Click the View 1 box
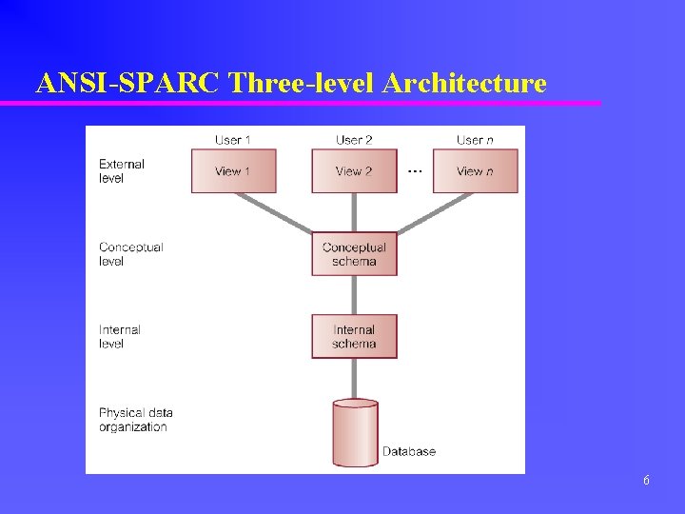(x=233, y=171)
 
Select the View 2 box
(x=354, y=171)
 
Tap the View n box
(x=475, y=171)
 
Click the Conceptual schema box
(x=354, y=254)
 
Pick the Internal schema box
(x=354, y=336)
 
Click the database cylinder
(x=356, y=433)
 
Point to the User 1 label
(x=233, y=140)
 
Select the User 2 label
(x=354, y=140)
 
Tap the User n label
(x=475, y=140)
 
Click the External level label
(x=122, y=171)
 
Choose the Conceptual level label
(x=130, y=254)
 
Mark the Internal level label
(x=120, y=337)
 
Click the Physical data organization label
(x=136, y=420)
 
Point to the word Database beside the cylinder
(x=409, y=451)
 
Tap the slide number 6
(x=646, y=481)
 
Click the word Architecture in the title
(x=464, y=84)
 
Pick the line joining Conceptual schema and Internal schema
(x=354, y=295)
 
